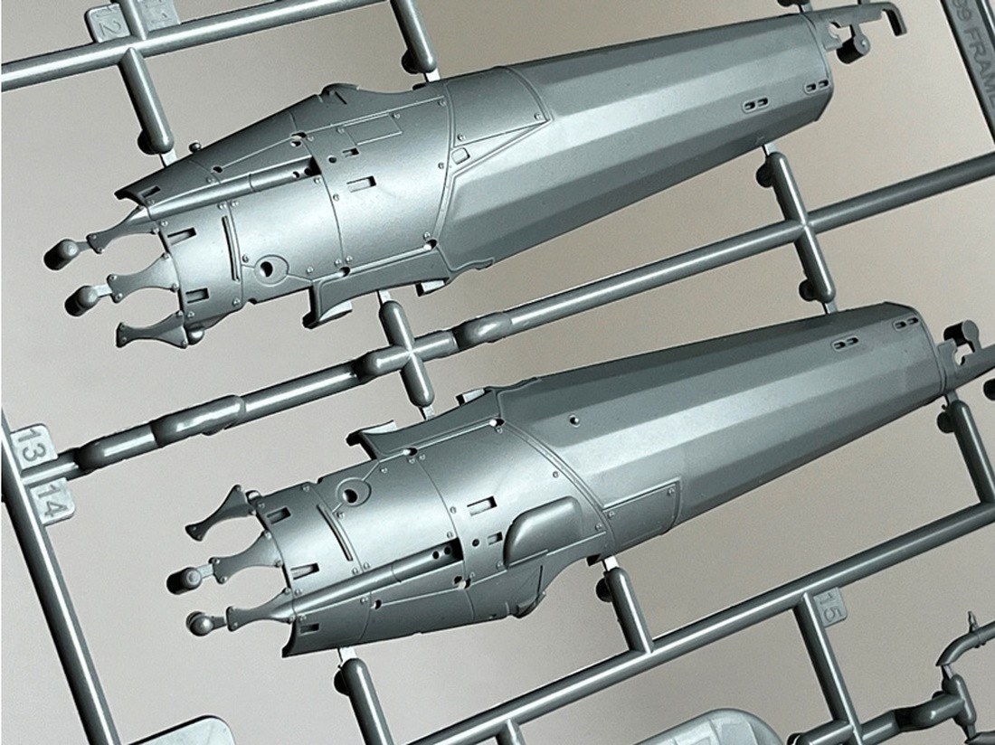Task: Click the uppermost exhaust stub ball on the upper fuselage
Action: coord(62,253)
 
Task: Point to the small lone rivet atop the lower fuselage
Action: coord(573,420)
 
